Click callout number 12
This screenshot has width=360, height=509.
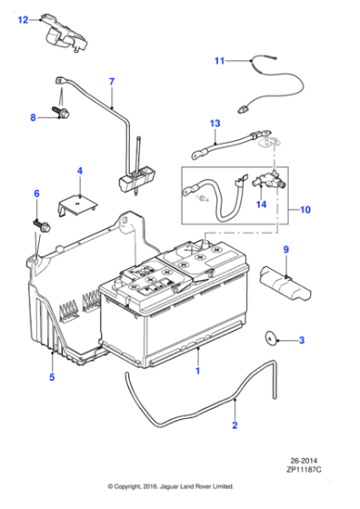24,17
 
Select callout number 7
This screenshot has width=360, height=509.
112,83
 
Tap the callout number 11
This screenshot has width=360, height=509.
219,62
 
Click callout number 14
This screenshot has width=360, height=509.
261,205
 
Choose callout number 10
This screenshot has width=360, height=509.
305,210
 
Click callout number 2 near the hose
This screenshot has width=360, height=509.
235,424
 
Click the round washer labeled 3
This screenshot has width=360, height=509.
271,340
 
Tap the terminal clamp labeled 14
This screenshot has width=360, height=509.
269,181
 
